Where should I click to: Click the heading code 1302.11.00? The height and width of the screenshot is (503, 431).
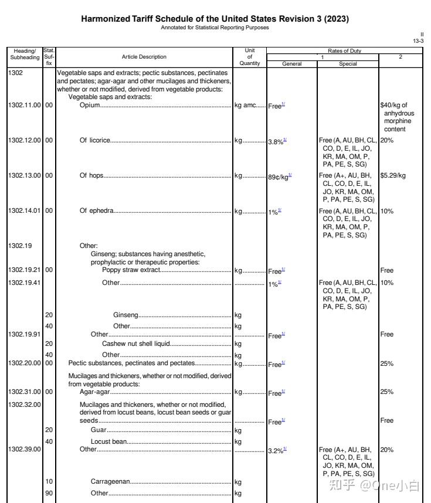[25, 106]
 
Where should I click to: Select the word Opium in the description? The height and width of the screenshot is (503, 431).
[90, 106]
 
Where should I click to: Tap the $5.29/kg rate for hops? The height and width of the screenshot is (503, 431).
[393, 175]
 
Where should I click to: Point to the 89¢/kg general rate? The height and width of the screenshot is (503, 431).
[278, 176]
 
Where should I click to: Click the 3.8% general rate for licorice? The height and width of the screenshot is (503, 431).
[276, 141]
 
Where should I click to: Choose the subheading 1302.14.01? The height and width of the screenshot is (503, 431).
[25, 210]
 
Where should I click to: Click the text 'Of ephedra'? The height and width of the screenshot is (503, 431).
[97, 210]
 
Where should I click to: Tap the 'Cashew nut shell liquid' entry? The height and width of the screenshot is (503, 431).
[136, 344]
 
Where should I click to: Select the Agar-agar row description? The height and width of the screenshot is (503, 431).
[94, 392]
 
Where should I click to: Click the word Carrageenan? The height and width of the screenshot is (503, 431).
[110, 482]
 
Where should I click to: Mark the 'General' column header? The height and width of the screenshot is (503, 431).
[292, 63]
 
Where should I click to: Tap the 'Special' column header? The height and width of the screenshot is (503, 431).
[348, 63]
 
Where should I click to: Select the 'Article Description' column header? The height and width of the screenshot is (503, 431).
[144, 57]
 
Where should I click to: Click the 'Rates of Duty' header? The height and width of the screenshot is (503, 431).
[345, 51]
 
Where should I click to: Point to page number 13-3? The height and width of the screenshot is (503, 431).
[419, 40]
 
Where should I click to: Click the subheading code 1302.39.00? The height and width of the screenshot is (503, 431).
[25, 449]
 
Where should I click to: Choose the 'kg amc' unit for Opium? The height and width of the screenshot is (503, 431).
[246, 106]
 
